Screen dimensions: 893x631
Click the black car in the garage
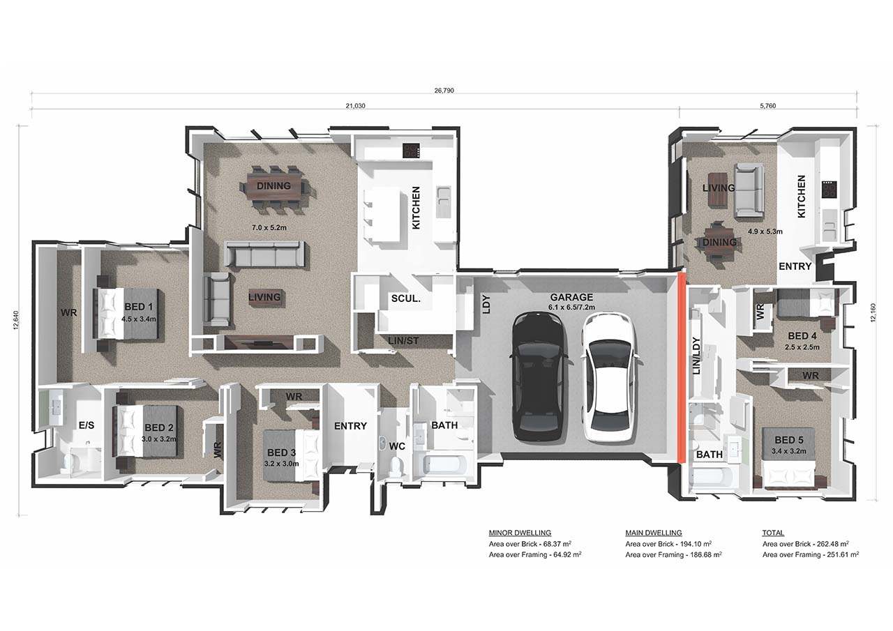coord(538,377)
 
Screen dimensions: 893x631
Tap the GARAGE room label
coord(571,297)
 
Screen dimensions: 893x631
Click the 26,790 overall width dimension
coord(444,91)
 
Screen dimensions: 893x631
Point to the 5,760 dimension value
coord(768,106)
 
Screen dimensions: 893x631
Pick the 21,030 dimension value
coord(355,106)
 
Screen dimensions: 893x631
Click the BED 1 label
coord(138,307)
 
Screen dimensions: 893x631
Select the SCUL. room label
coord(405,299)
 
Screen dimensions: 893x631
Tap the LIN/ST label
coord(403,341)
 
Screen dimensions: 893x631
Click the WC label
coord(397,446)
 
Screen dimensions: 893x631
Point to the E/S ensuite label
coord(87,425)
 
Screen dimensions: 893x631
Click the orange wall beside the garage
coord(682,367)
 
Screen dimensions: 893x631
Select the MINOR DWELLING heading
coord(520,533)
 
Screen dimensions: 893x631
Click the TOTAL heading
coord(773,533)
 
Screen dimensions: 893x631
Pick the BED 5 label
coord(788,440)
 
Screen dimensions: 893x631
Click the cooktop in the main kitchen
coord(412,151)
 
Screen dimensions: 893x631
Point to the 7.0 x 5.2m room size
coord(269,228)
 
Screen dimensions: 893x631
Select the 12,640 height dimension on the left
coord(16,320)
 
